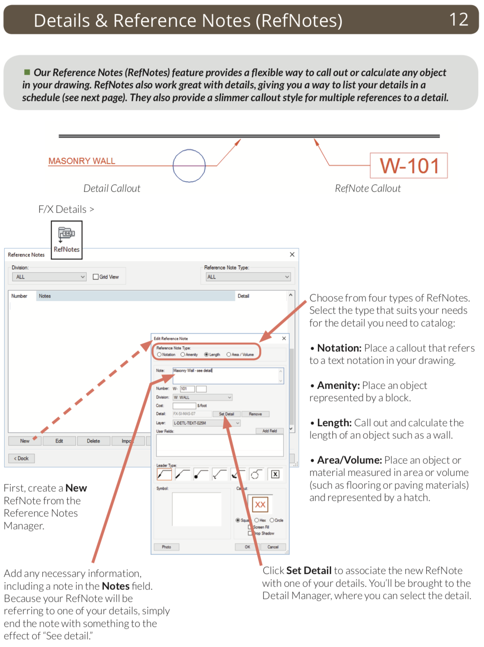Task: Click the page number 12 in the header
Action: click(x=459, y=19)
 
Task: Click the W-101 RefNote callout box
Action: click(x=409, y=166)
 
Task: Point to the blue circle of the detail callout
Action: click(x=189, y=165)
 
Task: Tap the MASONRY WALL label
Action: click(x=82, y=161)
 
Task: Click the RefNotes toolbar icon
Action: click(x=66, y=240)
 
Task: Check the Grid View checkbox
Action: click(x=96, y=277)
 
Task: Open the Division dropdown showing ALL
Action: click(x=49, y=277)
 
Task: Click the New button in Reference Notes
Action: click(x=25, y=441)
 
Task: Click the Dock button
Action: click(x=21, y=458)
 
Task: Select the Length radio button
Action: click(x=206, y=355)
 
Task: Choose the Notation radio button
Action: click(x=159, y=355)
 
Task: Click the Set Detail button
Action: click(x=226, y=414)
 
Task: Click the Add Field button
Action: click(x=269, y=431)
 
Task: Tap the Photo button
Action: click(x=166, y=547)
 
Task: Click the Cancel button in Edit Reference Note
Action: click(x=273, y=547)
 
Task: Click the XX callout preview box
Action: click(x=260, y=505)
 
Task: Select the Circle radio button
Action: click(x=272, y=520)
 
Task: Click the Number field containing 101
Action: click(x=187, y=389)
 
